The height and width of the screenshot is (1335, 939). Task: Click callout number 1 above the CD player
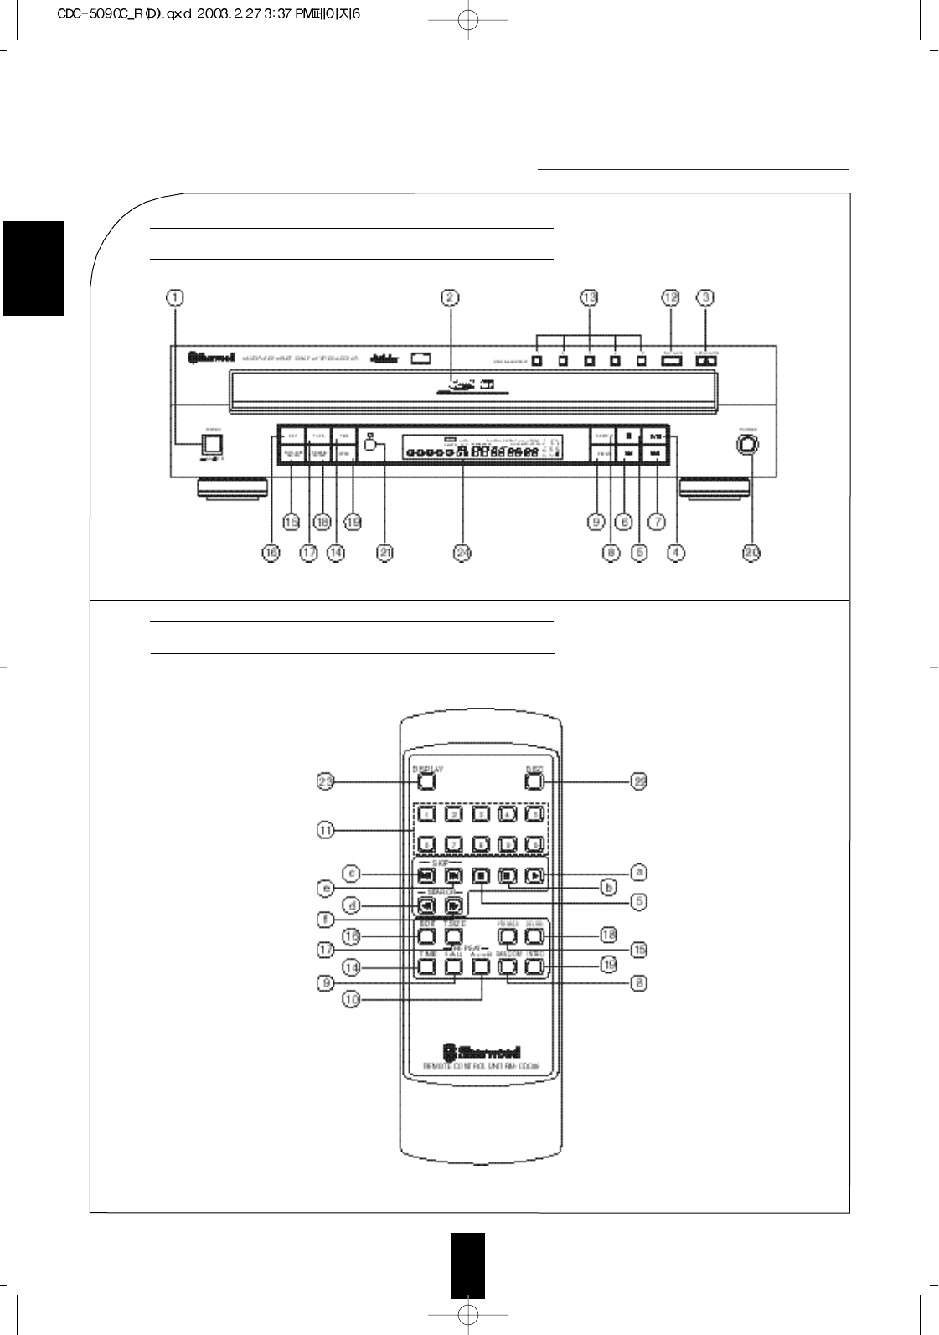(x=176, y=296)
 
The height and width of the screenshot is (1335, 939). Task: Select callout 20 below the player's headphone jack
(x=751, y=553)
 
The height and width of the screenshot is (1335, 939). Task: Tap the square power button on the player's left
(x=214, y=444)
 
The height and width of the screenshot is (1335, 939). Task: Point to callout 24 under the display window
(x=463, y=553)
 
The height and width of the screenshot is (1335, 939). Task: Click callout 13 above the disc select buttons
(x=590, y=296)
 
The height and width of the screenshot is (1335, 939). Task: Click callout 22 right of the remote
(x=639, y=781)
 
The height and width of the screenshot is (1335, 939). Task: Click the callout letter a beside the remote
(x=639, y=872)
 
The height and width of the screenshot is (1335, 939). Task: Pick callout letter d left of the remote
(x=353, y=905)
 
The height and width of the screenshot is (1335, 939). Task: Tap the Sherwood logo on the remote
(x=482, y=1051)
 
